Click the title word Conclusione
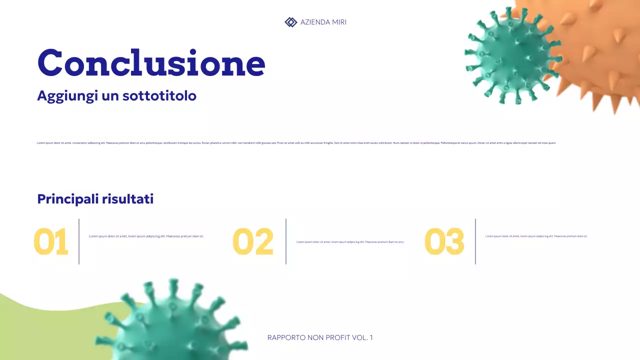coord(151,63)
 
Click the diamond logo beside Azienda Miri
coord(290,22)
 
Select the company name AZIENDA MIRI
coord(323,22)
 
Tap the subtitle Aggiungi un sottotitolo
coord(116,95)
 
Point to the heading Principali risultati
coord(95,199)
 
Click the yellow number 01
coord(50,241)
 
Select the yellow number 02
coord(253,241)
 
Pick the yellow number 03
coord(444,241)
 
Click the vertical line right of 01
coord(79,241)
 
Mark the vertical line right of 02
coord(286,241)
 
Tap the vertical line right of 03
coord(475,241)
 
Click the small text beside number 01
coord(146,236)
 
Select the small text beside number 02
coord(350,242)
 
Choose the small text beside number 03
coord(536,236)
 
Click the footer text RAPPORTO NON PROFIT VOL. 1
coord(320,337)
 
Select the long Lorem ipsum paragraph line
coord(296,143)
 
